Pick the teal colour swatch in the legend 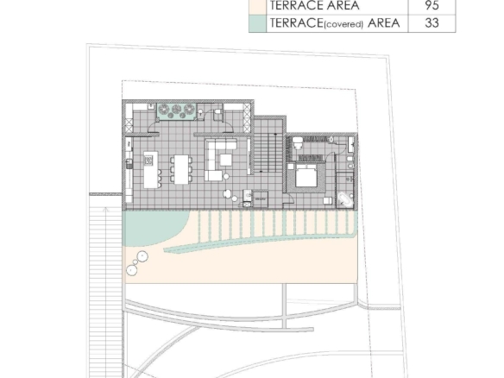257,23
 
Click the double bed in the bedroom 306,180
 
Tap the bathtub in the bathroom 345,198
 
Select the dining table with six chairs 180,167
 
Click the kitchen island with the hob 151,168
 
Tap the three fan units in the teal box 176,110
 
